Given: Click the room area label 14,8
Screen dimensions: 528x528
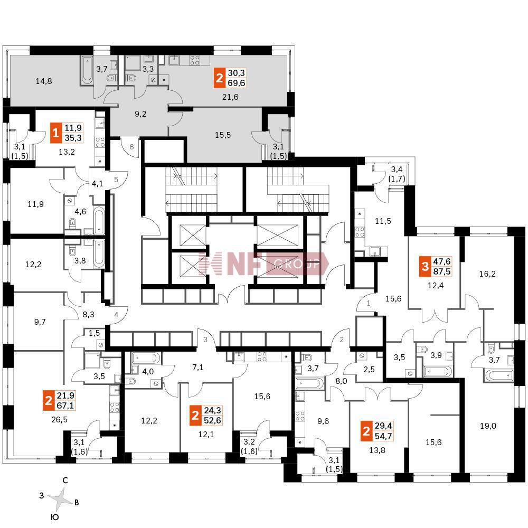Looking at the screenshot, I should click(45, 81).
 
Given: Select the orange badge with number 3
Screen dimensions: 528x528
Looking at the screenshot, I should click(424, 268).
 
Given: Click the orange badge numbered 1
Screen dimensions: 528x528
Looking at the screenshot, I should click(55, 133).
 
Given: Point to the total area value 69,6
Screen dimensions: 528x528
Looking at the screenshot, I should click(237, 83).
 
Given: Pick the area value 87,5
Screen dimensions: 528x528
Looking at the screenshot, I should click(442, 273).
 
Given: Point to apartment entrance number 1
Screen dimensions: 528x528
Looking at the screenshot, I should click(368, 304).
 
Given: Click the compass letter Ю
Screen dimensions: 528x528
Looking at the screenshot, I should click(54, 517).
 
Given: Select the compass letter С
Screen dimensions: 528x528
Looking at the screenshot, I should click(64, 481).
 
